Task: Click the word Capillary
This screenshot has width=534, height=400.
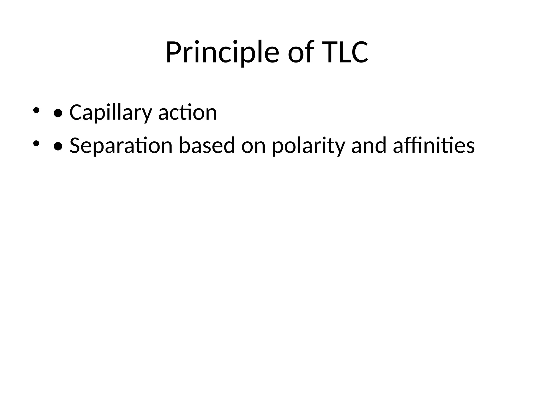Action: (111, 113)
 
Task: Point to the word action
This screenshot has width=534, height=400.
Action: (187, 113)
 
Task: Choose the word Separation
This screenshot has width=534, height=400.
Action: (121, 146)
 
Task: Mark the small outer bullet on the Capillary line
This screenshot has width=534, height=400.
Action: (36, 110)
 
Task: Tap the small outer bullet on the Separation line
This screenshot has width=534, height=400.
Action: (36, 143)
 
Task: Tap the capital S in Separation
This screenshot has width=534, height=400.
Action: (75, 146)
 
